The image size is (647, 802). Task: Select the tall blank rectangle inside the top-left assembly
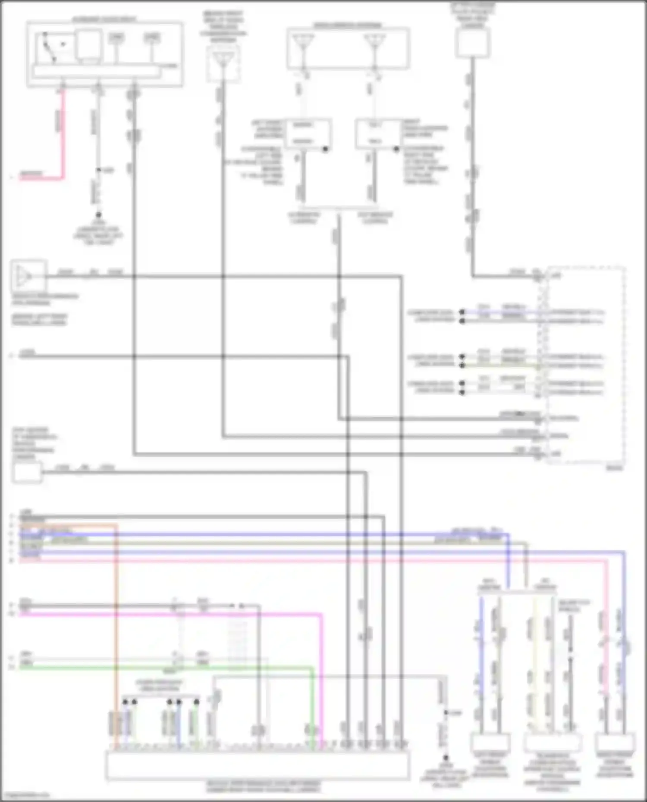pos(89,44)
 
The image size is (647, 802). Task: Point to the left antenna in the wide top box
pos(303,44)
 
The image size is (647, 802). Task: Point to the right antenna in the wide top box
pos(374,44)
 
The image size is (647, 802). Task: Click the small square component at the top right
pos(472,43)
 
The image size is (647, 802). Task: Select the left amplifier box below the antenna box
pos(306,134)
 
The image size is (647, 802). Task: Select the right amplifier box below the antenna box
pos(374,134)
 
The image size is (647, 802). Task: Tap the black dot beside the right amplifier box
pos(396,149)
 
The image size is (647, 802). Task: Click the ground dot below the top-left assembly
pos(98,215)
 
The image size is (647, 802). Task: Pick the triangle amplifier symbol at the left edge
pos(24,276)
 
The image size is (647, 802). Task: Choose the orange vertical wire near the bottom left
pos(116,625)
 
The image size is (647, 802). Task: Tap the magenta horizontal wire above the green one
pos(173,614)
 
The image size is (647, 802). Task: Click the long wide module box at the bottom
pos(258,765)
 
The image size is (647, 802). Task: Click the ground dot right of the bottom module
pos(446,757)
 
